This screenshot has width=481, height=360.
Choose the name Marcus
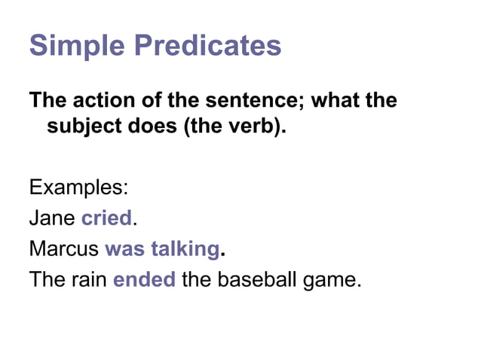(x=64, y=249)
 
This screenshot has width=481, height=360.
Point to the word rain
(x=90, y=281)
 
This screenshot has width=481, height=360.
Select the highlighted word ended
(x=144, y=281)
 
